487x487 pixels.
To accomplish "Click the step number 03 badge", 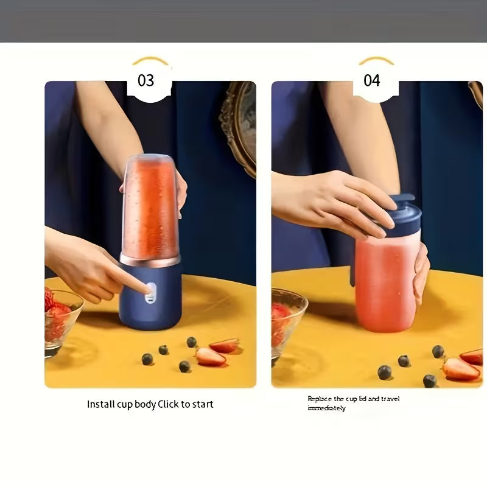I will (146, 80).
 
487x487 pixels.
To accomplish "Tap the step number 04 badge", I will (372, 80).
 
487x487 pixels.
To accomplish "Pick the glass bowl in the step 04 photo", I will (286, 323).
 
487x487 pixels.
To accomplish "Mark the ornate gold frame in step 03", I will (239, 122).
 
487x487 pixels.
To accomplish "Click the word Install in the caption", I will (100, 404).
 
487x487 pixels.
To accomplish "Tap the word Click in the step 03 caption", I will (169, 404).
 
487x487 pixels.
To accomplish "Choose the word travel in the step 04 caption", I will (388, 399).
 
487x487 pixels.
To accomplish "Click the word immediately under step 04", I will (326, 408).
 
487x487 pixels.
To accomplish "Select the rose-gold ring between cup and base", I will (150, 260).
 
